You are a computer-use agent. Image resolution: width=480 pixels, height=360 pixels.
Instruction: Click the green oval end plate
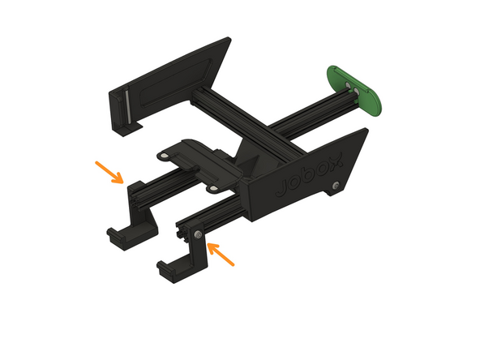click(x=358, y=90)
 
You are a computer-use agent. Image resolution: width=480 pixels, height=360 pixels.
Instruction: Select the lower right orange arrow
click(x=223, y=255)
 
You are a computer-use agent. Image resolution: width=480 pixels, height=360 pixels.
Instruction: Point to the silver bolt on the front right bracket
click(x=197, y=235)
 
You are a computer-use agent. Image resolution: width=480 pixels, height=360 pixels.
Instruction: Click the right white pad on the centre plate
click(x=212, y=187)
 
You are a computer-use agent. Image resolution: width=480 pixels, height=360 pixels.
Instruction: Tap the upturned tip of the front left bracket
click(x=114, y=236)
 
